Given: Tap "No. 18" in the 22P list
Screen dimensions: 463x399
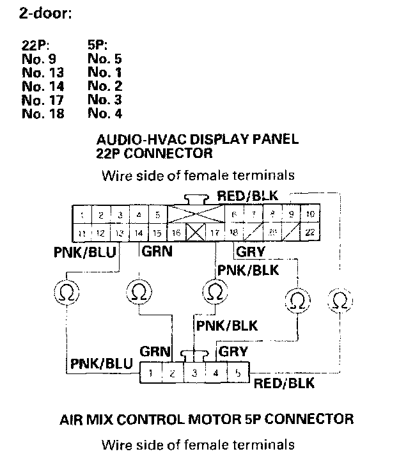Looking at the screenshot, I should tap(42, 114).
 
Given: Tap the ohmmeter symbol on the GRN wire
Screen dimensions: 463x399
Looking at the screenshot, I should tap(137, 293).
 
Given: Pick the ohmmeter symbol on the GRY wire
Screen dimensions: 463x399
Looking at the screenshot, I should tap(295, 298).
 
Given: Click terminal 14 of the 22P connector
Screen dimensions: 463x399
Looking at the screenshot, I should tap(138, 233).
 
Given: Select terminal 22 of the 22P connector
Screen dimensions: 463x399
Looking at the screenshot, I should tap(309, 233).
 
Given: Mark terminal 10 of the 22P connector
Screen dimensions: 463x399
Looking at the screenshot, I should tap(309, 214).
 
